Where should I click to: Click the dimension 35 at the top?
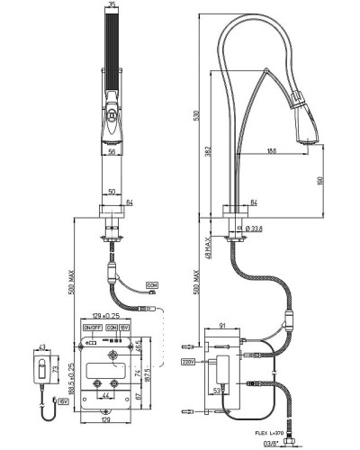[112, 6]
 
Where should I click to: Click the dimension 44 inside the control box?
[106, 395]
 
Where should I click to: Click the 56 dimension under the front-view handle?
[112, 152]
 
